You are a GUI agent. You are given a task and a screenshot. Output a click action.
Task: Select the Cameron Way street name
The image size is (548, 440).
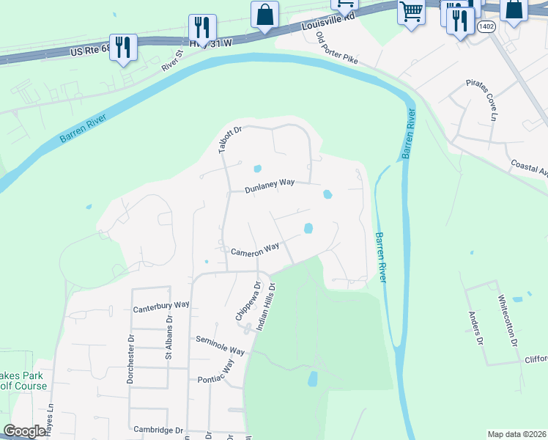click(255, 250)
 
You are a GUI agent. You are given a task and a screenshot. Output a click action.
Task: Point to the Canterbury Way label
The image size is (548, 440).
click(161, 304)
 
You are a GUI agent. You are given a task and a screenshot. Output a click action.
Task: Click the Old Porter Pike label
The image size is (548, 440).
click(336, 48)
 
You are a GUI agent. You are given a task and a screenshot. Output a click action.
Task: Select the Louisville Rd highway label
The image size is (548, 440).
click(328, 23)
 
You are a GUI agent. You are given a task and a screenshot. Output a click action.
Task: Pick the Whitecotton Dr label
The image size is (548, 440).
click(506, 320)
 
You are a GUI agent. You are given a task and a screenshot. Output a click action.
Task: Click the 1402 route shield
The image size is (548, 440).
click(486, 26)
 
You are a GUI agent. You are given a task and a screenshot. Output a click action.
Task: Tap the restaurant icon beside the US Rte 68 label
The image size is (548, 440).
click(122, 48)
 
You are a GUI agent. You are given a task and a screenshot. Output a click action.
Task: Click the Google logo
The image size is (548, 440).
click(24, 431)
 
